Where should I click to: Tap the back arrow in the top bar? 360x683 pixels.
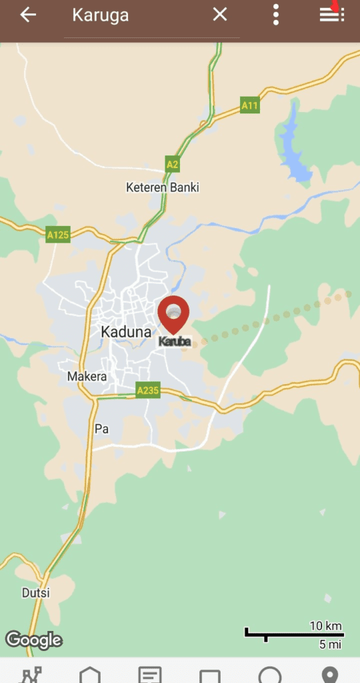[28, 15]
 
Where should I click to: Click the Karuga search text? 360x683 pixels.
[101, 15]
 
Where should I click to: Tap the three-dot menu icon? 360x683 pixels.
[276, 15]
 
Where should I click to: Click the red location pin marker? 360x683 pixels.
[173, 314]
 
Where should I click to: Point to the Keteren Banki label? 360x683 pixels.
[163, 187]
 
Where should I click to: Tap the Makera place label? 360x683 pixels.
[87, 377]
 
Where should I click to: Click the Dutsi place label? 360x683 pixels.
[36, 592]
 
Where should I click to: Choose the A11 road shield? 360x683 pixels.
[250, 105]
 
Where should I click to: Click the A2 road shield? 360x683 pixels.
[173, 164]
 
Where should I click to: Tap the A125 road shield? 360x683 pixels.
[58, 235]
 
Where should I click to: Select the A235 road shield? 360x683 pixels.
[148, 390]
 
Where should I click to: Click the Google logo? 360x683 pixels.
[34, 640]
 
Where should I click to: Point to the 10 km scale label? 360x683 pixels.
[325, 626]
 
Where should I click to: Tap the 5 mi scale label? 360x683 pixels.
[331, 644]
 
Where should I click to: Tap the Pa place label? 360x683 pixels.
[101, 429]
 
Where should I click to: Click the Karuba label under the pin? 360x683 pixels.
[175, 341]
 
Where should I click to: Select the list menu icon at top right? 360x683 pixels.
[331, 15]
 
